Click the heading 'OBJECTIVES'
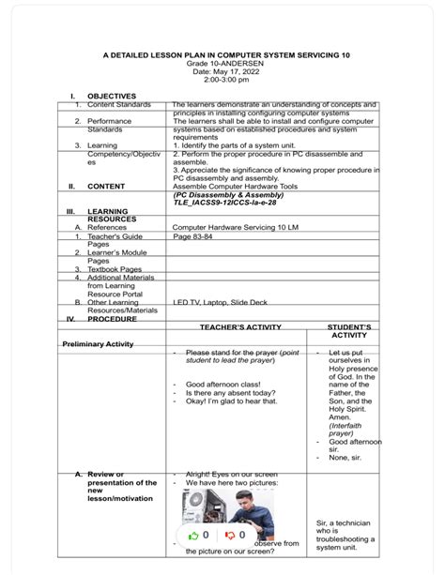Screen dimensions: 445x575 click(x=112, y=97)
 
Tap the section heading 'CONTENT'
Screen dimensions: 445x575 click(x=106, y=186)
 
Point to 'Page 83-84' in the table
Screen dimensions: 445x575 click(x=194, y=236)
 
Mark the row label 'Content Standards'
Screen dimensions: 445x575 click(x=118, y=105)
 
